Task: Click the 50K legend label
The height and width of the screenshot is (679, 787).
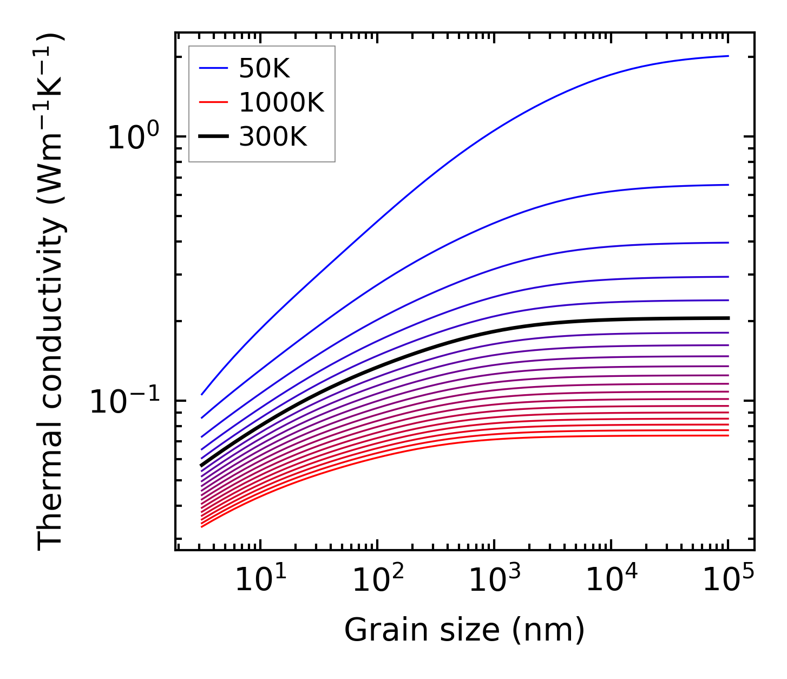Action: (x=265, y=69)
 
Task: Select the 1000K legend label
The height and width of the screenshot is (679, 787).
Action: (x=281, y=103)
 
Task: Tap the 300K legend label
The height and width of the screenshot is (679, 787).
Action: (x=273, y=138)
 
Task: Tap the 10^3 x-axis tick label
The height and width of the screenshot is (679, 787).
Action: (x=494, y=580)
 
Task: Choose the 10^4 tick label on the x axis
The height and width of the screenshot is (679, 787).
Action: (x=611, y=580)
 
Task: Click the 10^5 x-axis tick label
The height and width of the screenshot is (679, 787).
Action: (x=728, y=580)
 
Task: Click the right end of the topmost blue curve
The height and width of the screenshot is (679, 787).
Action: (x=728, y=56)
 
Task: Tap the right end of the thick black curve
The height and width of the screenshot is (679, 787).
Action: (x=729, y=318)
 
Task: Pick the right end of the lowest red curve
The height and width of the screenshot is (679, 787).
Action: (x=728, y=435)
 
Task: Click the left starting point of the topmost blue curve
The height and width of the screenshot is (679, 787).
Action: (x=202, y=394)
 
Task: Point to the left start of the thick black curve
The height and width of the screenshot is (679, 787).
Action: (x=202, y=465)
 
